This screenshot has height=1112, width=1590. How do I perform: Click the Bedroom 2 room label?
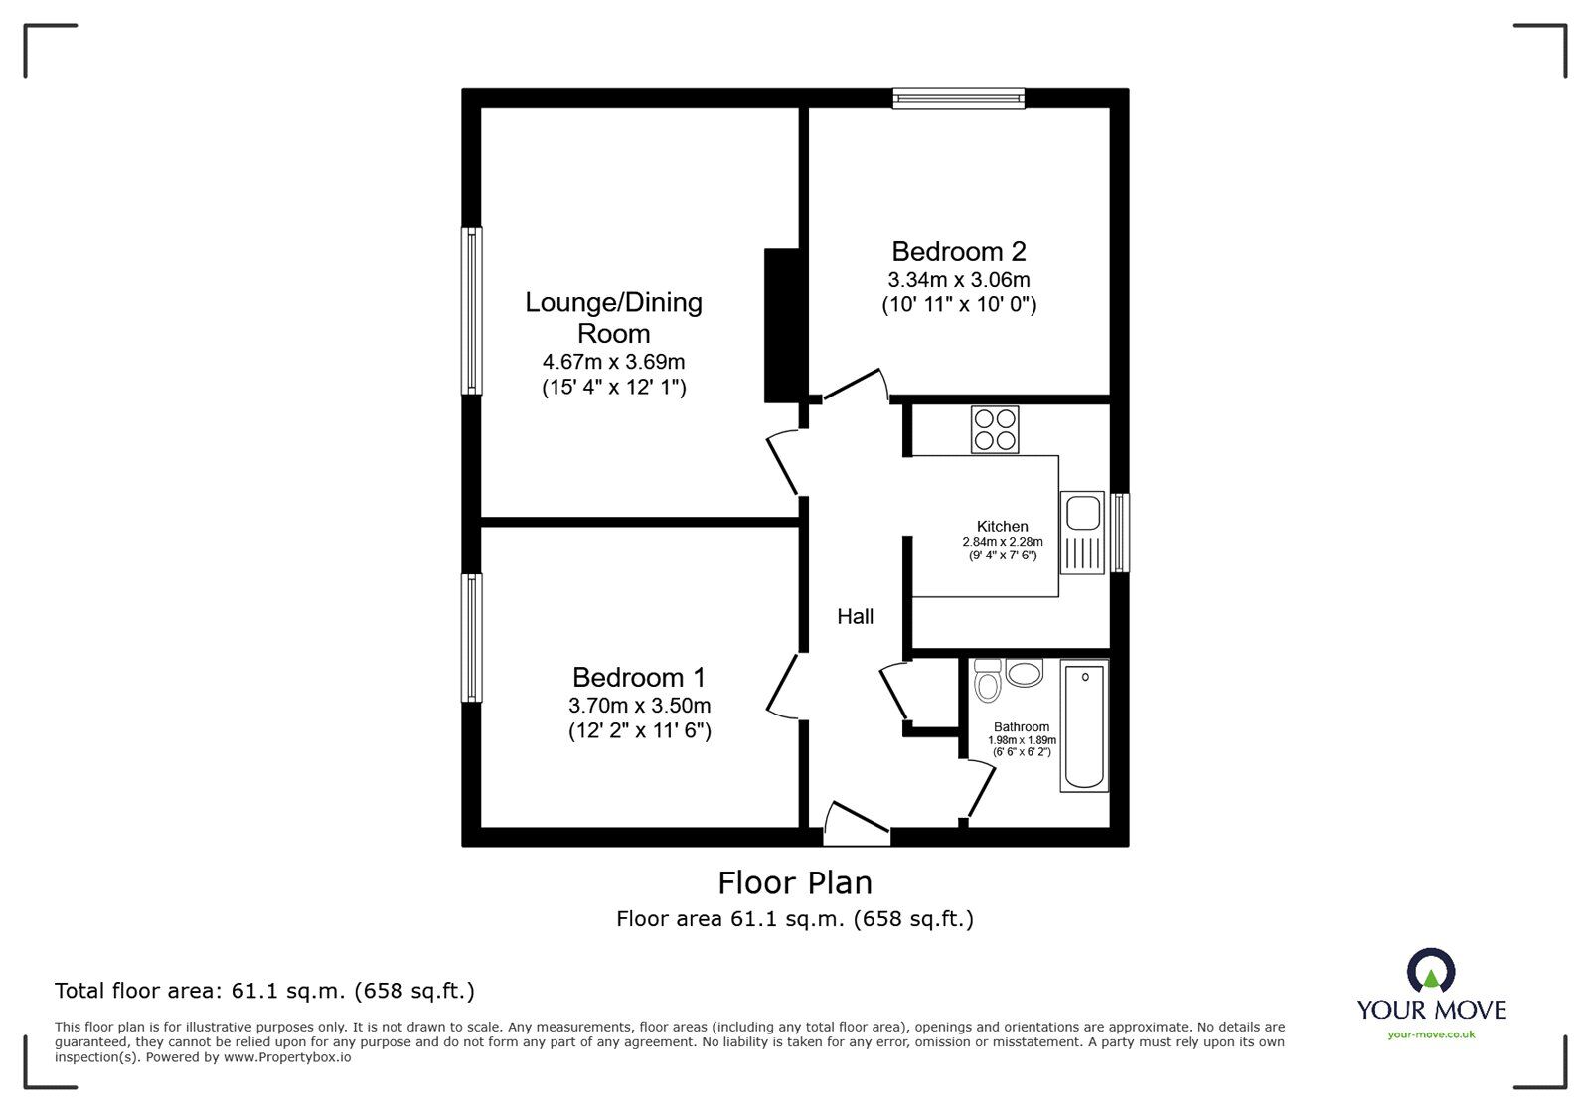tap(958, 252)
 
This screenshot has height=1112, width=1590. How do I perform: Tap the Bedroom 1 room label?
tap(639, 678)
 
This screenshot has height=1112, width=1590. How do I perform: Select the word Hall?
tap(855, 617)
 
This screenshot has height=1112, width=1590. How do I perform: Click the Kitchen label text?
tap(1002, 527)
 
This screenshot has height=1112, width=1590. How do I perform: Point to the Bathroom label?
tap(1022, 727)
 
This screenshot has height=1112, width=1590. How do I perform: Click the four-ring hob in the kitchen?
tap(995, 431)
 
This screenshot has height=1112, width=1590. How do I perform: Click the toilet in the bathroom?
tap(987, 682)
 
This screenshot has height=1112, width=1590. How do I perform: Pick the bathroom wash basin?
tap(1025, 673)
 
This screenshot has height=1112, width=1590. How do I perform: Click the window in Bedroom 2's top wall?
tap(958, 97)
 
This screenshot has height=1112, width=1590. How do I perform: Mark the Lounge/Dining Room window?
tap(472, 310)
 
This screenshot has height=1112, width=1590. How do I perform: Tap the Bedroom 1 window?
tap(472, 638)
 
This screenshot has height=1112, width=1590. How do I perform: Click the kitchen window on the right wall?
tap(1120, 533)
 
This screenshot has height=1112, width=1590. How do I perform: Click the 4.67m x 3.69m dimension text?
tap(613, 362)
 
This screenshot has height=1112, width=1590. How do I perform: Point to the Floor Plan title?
tap(795, 882)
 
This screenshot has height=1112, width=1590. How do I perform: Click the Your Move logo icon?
tap(1431, 971)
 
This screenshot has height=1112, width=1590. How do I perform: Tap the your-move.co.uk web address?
tap(1431, 1034)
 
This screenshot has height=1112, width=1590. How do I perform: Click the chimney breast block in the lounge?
tap(781, 326)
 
